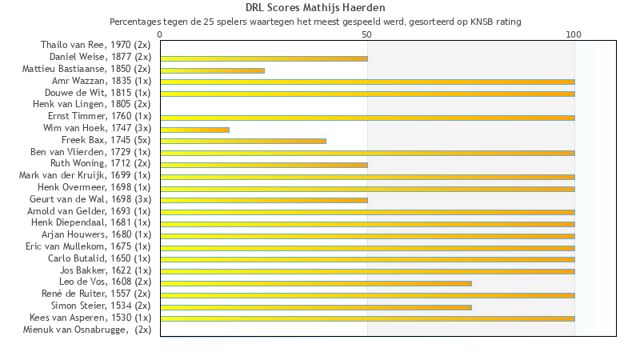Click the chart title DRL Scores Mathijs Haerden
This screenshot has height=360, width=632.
click(x=315, y=8)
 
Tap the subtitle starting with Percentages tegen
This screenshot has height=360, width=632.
click(x=315, y=22)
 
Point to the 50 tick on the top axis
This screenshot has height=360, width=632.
click(x=367, y=35)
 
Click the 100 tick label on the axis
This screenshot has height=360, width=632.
click(x=574, y=35)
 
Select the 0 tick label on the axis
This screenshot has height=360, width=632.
click(x=161, y=35)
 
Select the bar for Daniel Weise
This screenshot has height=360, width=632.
click(x=264, y=58)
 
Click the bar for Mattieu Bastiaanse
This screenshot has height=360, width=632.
click(x=212, y=70)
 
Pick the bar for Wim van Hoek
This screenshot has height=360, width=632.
click(x=194, y=130)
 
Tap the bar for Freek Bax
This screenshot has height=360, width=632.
click(x=243, y=141)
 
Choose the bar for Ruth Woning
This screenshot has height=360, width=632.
click(x=264, y=165)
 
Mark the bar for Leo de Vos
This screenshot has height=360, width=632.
click(x=316, y=283)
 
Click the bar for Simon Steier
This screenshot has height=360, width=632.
click(x=316, y=306)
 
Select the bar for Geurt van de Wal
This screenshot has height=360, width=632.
click(x=264, y=200)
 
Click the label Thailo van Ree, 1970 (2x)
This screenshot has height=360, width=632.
click(x=95, y=45)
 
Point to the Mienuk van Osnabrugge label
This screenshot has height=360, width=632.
click(x=86, y=330)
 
